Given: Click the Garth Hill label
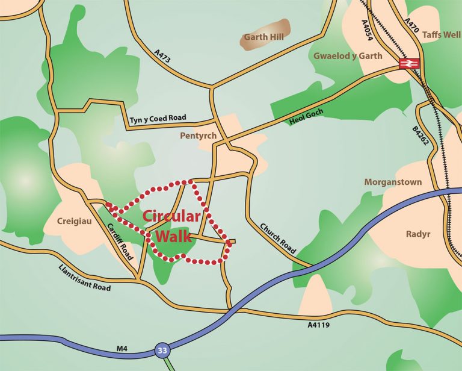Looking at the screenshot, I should click(263, 37).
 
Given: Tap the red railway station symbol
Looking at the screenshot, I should click(408, 63).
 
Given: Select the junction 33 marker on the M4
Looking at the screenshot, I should click(161, 349).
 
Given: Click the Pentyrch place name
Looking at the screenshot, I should click(198, 136).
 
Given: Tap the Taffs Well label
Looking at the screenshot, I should click(441, 35).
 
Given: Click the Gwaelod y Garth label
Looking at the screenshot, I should click(348, 56).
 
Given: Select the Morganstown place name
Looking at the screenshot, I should click(393, 182).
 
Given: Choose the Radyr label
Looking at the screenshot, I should click(416, 234).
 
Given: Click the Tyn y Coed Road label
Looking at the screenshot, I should click(158, 119).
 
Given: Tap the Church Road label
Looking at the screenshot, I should click(279, 238).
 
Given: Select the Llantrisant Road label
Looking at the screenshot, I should click(85, 278).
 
